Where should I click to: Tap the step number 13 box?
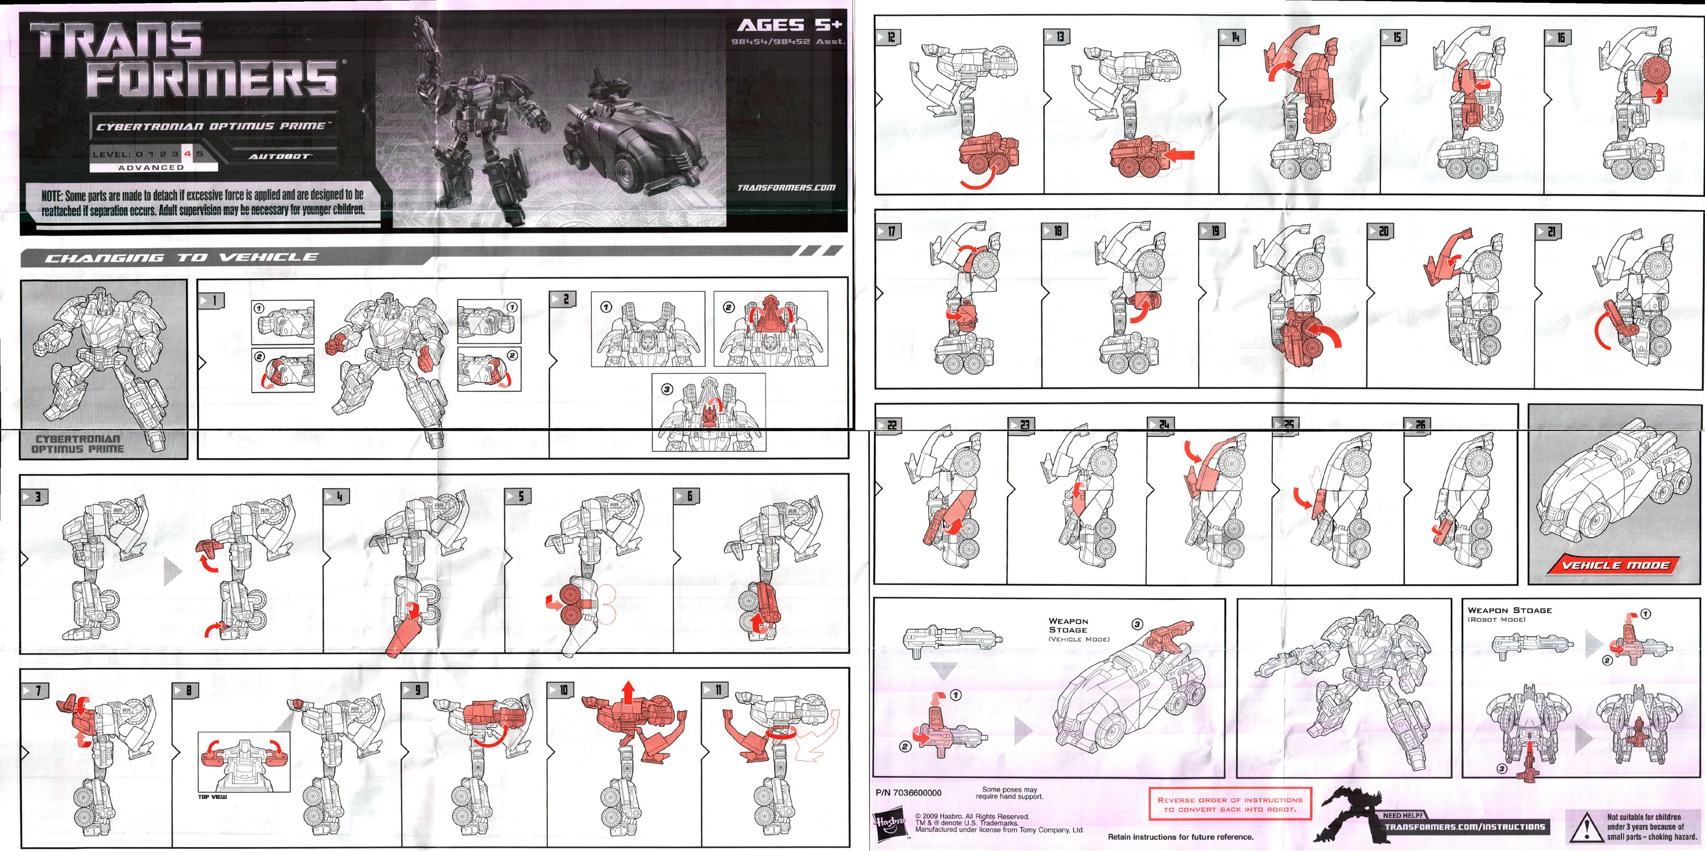(x=1057, y=36)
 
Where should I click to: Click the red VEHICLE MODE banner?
(x=1613, y=565)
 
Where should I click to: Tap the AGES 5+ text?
(x=789, y=25)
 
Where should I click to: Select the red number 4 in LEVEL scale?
(x=188, y=154)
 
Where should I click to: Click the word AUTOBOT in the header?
(x=278, y=156)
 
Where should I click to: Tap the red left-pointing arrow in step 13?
(x=1178, y=155)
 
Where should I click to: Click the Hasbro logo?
(x=889, y=824)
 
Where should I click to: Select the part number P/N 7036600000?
(x=908, y=793)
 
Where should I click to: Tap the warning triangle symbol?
(x=1585, y=828)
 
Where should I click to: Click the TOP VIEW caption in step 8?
(x=212, y=797)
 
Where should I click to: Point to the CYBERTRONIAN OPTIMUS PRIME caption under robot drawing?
(x=77, y=444)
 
